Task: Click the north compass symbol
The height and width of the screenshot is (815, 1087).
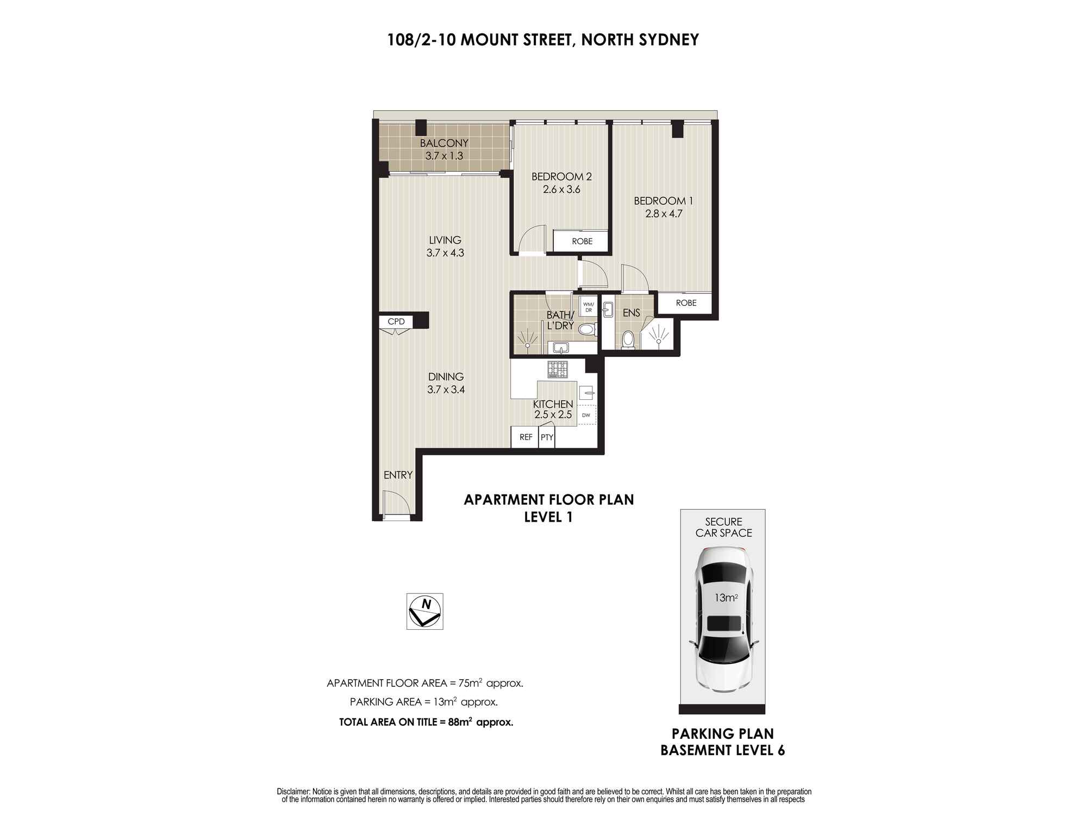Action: pyautogui.click(x=425, y=611)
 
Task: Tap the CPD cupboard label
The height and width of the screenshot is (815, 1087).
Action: pyautogui.click(x=396, y=322)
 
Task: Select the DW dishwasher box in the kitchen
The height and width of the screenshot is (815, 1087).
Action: pyautogui.click(x=586, y=415)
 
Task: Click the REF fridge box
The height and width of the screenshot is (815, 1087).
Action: pyautogui.click(x=526, y=437)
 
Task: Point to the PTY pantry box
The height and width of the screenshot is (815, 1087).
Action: pyautogui.click(x=547, y=437)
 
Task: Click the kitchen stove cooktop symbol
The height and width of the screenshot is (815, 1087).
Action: pyautogui.click(x=558, y=369)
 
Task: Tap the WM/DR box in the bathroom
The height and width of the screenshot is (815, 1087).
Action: pyautogui.click(x=589, y=307)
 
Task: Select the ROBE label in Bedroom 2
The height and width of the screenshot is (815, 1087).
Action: pyautogui.click(x=582, y=241)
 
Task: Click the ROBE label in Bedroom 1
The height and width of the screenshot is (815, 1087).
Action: pyautogui.click(x=686, y=303)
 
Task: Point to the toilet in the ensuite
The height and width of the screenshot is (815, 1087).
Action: pyautogui.click(x=628, y=340)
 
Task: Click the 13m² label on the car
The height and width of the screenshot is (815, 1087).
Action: pyautogui.click(x=726, y=598)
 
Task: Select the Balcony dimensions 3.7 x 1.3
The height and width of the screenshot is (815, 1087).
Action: pyautogui.click(x=444, y=155)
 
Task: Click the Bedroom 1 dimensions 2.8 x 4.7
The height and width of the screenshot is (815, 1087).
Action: pyautogui.click(x=664, y=214)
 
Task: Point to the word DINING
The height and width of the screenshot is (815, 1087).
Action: pyautogui.click(x=446, y=377)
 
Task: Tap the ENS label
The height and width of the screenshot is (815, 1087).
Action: pyautogui.click(x=631, y=312)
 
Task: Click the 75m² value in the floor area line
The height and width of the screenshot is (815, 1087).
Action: pyautogui.click(x=471, y=682)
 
